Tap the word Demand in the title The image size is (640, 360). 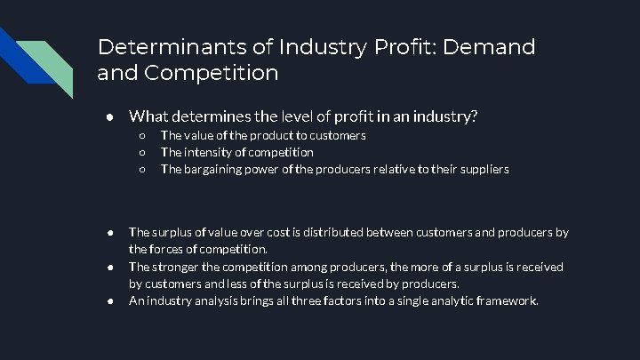[492, 46]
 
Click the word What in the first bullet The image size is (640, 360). [149, 116]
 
